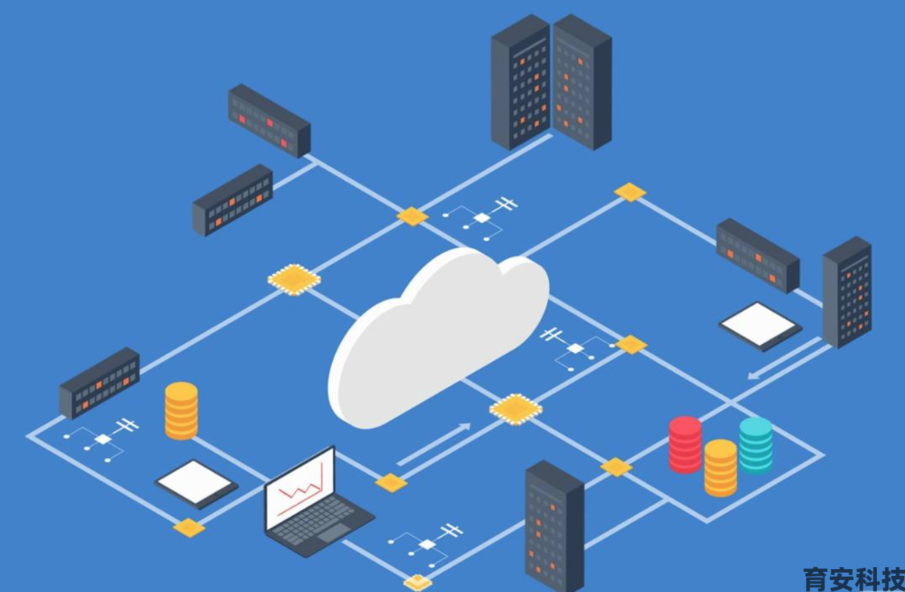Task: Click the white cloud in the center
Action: coord(438,338)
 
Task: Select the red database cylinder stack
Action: coord(685,444)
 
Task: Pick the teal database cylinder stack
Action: coord(756,445)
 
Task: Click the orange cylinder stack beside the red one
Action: coord(721,468)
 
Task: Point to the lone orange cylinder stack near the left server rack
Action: coord(181,411)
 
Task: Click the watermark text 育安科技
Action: coord(854,579)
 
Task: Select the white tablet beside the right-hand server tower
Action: coord(760,326)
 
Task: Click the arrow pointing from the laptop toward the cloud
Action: coord(434,444)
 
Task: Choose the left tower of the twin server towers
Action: coord(521,82)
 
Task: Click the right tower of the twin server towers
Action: coord(582,82)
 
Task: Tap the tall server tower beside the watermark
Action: coord(555,526)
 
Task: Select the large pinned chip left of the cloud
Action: coord(294,280)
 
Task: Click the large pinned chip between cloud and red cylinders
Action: coord(516,409)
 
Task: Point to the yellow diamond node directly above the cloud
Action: coord(412,216)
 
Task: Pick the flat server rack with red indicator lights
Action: coord(270,121)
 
